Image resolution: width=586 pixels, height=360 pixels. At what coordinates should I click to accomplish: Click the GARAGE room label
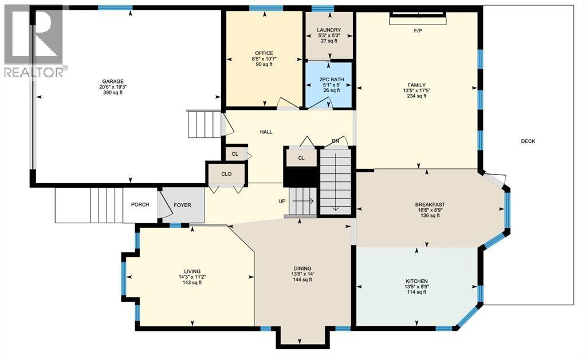[113, 81]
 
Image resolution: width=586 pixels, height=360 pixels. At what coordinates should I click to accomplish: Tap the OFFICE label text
[264, 53]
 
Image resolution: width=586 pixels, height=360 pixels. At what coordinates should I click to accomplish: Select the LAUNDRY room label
[329, 30]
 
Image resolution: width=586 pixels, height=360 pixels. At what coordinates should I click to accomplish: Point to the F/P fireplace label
[418, 30]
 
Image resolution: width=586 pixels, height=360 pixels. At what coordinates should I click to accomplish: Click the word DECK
[528, 141]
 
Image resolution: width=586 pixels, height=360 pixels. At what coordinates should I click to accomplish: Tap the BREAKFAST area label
[430, 204]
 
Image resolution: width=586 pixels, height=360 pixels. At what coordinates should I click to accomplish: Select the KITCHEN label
[416, 281]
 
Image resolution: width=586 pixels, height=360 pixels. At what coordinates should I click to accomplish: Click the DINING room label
[302, 268]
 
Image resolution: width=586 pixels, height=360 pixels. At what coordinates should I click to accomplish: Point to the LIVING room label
[192, 271]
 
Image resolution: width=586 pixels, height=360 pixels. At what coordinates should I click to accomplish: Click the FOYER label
[183, 205]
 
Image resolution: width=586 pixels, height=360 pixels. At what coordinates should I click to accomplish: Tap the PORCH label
[140, 205]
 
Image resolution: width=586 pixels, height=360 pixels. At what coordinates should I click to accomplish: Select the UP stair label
[282, 201]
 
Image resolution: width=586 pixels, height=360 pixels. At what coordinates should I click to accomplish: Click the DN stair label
[335, 141]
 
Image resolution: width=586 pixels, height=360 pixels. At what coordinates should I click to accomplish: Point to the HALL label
[266, 132]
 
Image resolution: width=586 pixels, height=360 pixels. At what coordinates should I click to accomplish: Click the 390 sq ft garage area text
[113, 93]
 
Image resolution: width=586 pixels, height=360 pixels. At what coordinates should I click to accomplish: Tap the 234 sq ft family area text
[416, 96]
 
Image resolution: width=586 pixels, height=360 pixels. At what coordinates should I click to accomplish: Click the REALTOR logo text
[34, 72]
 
